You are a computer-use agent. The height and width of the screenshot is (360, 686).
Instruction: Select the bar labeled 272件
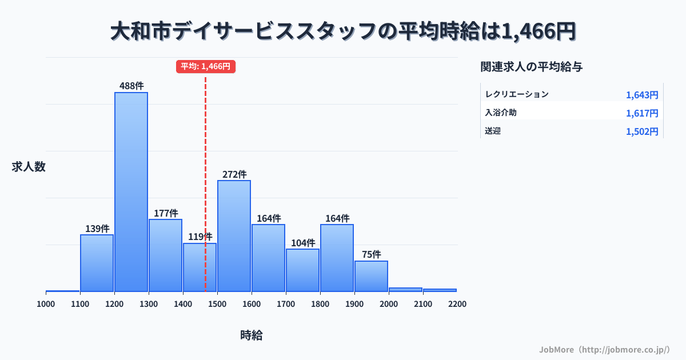234,235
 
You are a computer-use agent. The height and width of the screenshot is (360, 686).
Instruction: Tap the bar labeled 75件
371,276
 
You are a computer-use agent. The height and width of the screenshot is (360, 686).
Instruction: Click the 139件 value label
97,229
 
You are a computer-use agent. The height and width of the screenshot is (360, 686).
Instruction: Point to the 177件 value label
166,213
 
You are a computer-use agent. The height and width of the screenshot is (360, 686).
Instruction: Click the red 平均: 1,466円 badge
206,66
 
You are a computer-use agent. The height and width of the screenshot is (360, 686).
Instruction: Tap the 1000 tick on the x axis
46,304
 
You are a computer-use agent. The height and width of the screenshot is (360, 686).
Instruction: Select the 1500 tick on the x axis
217,304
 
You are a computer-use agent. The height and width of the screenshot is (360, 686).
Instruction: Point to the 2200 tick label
457,304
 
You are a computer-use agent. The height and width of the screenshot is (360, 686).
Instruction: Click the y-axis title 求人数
29,167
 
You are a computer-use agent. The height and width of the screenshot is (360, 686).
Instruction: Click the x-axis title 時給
252,335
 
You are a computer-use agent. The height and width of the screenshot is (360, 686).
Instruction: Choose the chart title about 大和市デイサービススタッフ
343,31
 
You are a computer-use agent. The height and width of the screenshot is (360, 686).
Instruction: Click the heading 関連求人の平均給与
532,67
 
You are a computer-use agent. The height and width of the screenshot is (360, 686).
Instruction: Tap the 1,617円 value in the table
642,113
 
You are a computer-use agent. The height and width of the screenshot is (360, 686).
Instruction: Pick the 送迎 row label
493,131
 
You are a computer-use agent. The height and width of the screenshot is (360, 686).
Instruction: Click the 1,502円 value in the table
642,131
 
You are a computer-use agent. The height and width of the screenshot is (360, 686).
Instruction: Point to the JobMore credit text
604,349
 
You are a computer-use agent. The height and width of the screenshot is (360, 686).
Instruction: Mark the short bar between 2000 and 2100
405,290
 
